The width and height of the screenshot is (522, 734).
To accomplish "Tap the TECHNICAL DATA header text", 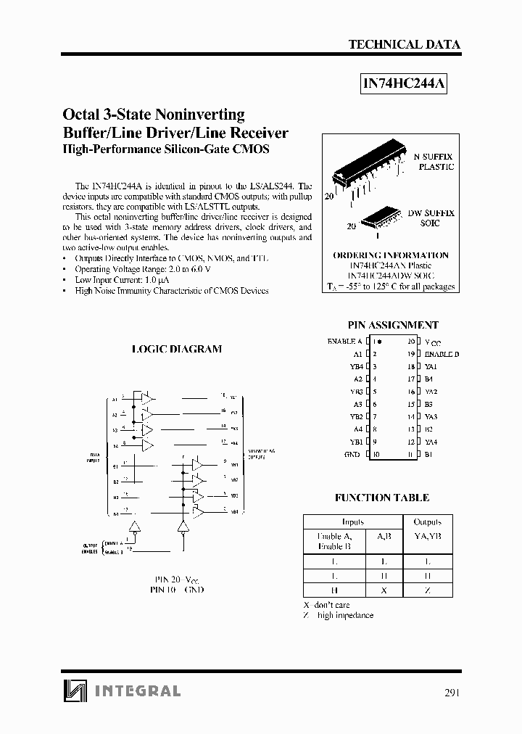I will click(x=405, y=44).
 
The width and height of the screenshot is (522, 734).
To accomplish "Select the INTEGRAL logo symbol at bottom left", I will click(x=73, y=690).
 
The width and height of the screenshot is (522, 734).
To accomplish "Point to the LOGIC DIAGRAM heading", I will click(x=177, y=349).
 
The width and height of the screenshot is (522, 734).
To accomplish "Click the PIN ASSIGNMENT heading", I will click(x=393, y=326).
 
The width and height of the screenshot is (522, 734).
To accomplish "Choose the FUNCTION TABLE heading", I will click(x=382, y=498).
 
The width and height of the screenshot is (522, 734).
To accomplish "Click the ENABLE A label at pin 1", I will click(x=345, y=341).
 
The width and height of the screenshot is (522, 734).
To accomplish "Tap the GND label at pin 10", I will click(x=352, y=455).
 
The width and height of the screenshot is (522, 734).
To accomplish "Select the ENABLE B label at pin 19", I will click(x=442, y=354).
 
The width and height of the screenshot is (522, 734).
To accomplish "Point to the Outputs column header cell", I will click(x=428, y=521).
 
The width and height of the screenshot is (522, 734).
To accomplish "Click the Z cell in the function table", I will click(x=428, y=590).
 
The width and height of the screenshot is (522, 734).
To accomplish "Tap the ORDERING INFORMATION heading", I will click(x=391, y=255).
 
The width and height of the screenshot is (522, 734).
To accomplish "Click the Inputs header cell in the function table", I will click(x=352, y=521).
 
